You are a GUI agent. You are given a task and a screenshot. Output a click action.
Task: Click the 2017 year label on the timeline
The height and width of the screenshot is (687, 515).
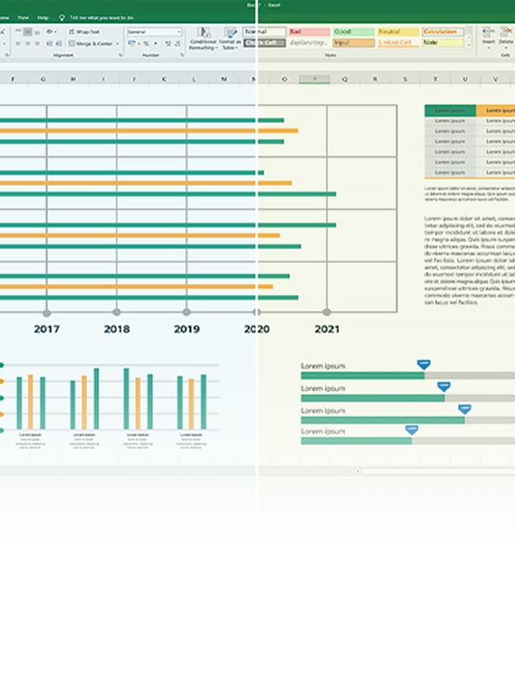click(46, 329)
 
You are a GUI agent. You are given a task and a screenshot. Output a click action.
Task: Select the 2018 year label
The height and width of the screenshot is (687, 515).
click(116, 329)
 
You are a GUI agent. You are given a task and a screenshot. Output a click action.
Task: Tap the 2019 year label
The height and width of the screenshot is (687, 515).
click(187, 329)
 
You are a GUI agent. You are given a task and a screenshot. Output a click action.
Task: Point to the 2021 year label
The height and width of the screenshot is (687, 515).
click(327, 329)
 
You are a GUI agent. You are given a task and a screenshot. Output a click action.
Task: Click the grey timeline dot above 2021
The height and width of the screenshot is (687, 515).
click(327, 312)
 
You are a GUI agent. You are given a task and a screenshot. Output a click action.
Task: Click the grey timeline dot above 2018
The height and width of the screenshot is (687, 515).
click(116, 312)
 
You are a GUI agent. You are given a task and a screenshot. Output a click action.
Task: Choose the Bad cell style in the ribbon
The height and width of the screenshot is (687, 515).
click(308, 32)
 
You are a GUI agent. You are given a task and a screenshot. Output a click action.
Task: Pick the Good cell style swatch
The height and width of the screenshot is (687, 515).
click(352, 32)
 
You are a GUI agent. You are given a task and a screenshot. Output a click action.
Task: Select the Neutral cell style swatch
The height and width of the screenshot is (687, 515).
click(397, 32)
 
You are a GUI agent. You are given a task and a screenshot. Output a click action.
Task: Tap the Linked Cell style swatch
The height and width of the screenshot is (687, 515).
click(397, 42)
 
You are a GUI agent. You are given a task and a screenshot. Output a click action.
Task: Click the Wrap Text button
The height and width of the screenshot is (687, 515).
click(85, 32)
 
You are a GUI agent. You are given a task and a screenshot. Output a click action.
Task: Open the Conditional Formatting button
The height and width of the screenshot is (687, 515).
click(203, 38)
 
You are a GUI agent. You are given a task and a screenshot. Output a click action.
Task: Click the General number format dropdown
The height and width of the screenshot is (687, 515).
click(154, 32)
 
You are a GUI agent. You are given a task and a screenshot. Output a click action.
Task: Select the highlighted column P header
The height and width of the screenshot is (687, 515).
click(314, 80)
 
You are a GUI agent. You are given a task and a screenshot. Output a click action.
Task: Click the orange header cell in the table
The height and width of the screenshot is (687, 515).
click(495, 110)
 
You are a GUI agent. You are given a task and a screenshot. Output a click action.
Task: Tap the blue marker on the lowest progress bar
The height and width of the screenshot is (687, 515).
click(411, 429)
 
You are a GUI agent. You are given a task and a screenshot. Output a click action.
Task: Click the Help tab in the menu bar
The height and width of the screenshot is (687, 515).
click(43, 17)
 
